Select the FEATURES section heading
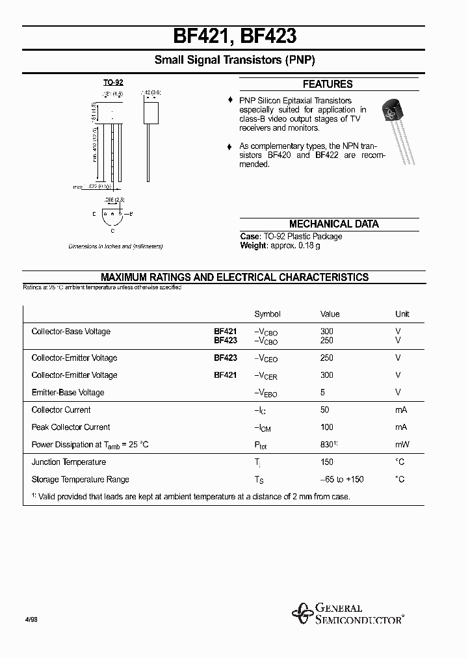[x=328, y=84]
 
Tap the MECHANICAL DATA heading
[x=333, y=224]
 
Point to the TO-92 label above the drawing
[x=113, y=83]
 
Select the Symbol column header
[x=267, y=314]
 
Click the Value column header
[x=330, y=314]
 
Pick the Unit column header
[x=402, y=314]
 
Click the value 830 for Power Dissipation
[x=328, y=445]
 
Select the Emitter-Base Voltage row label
[x=68, y=393]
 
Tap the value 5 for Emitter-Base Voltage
[x=322, y=393]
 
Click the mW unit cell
[x=402, y=445]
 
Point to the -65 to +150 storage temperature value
[x=342, y=480]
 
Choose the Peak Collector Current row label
[x=71, y=427]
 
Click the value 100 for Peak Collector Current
[x=326, y=427]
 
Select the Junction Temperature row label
[x=68, y=462]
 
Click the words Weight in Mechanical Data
[x=253, y=245]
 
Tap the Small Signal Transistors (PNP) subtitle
[x=235, y=60]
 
